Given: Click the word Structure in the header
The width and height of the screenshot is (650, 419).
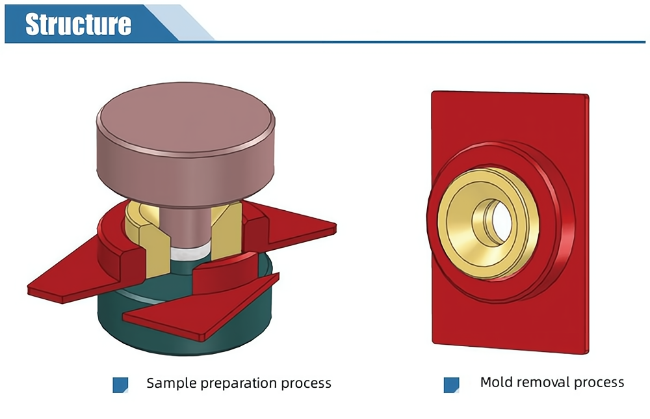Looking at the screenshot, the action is pos(79,24).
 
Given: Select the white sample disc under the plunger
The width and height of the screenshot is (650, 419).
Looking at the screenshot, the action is pos(188,251).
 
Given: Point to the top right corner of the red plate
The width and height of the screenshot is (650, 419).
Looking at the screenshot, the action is pos(588,95).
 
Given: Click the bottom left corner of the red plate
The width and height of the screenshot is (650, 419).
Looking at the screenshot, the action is pos(433,342).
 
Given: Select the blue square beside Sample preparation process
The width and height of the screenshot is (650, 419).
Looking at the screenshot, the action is pos(120,385).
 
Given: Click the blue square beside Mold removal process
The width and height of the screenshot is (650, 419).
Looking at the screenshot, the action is pos(452,385).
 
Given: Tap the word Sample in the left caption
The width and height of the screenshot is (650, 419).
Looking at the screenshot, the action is pos(171,383).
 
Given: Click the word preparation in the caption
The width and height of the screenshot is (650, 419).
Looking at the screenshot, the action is pos(239,384).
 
